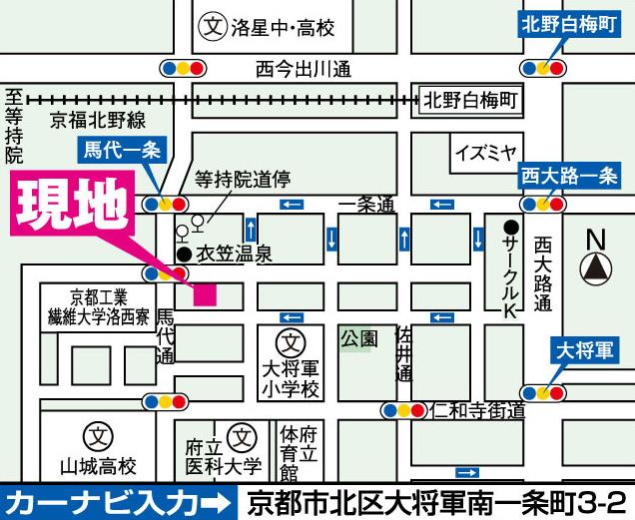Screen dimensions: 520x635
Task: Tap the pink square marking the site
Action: click(x=205, y=295)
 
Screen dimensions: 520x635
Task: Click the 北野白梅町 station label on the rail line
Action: click(x=469, y=101)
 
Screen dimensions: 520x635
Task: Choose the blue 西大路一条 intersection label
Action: click(x=569, y=177)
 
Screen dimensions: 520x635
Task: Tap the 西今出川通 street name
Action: click(x=304, y=69)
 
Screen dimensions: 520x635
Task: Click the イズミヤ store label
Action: click(x=485, y=154)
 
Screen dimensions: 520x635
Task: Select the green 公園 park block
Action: click(x=358, y=338)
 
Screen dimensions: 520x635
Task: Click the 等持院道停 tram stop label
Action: click(x=242, y=180)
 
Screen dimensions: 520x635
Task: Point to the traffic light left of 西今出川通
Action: click(x=183, y=69)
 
